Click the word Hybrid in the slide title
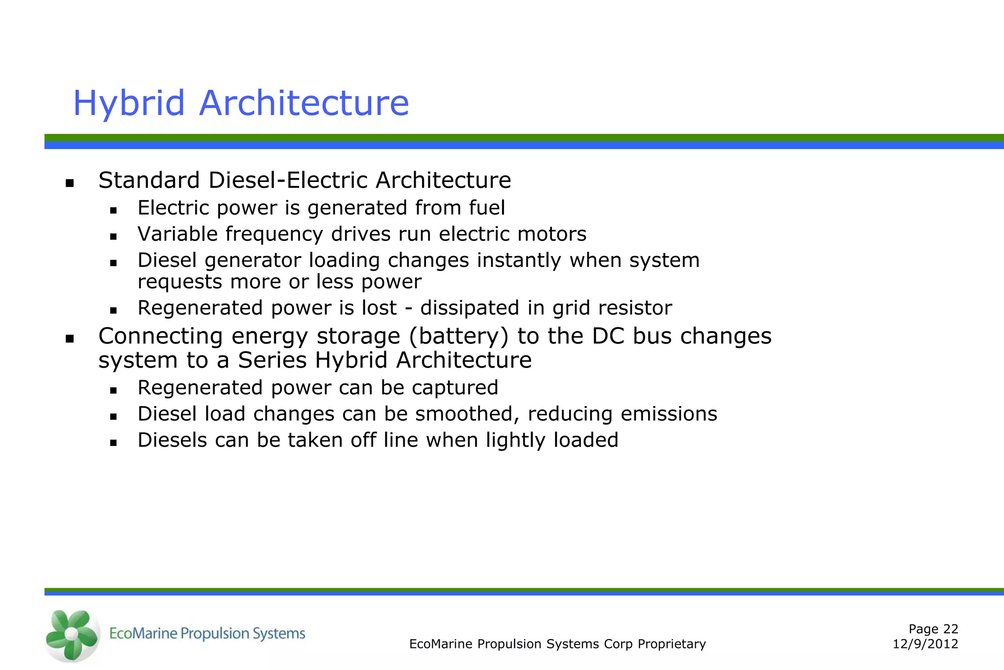129,103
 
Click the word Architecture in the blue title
304,103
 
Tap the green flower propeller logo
72,635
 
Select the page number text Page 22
933,629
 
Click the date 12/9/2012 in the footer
925,644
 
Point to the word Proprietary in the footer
672,644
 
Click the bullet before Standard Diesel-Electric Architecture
70,183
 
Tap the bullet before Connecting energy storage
70,338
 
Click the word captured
454,388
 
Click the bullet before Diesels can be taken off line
113,443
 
